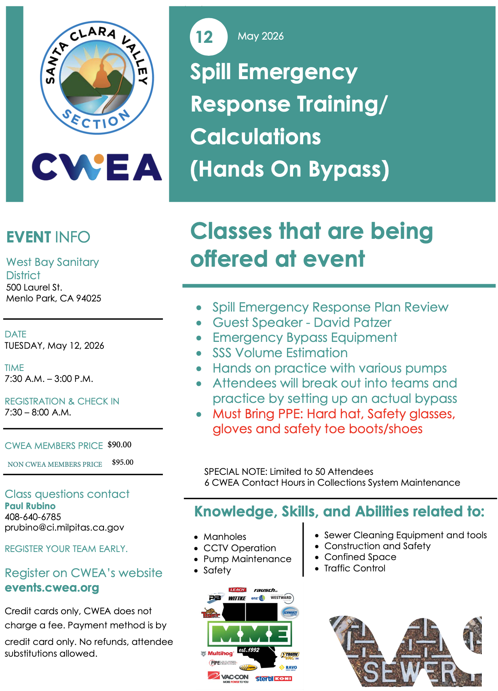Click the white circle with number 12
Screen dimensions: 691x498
click(208, 37)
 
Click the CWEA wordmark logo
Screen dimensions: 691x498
click(97, 167)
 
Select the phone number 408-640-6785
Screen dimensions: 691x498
click(33, 517)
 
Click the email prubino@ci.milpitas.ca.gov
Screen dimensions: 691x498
click(64, 527)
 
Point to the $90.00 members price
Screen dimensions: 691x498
click(119, 445)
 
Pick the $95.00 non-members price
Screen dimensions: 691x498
click(122, 462)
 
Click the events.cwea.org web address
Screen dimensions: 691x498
click(52, 588)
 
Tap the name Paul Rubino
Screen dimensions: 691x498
click(30, 506)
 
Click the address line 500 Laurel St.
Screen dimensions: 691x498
click(34, 287)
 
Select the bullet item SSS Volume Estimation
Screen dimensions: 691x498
click(280, 353)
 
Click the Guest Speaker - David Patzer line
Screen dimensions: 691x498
click(302, 322)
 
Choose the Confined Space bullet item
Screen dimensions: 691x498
click(360, 557)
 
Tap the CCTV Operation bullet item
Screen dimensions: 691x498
click(240, 548)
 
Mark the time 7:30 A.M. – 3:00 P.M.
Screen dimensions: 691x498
click(49, 379)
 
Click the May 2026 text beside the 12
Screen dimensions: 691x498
click(260, 36)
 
